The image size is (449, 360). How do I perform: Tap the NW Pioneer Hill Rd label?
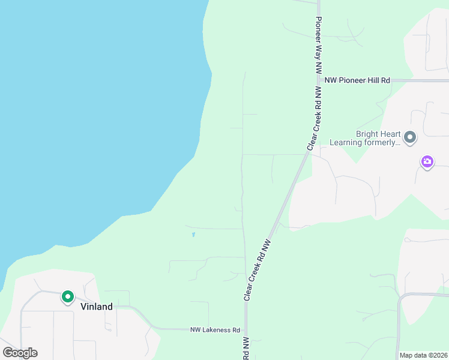[x=357, y=80]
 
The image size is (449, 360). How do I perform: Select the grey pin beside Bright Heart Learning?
[x=410, y=137]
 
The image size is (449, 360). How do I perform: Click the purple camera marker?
[x=427, y=161]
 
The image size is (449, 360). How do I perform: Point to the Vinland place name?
[x=96, y=307]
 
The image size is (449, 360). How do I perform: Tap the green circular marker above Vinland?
[x=68, y=296]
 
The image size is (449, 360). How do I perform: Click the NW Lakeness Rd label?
[x=215, y=330]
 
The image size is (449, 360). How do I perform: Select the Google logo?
[x=20, y=353]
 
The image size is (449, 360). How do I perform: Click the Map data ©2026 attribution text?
[x=423, y=355]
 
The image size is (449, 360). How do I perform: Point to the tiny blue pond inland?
[x=193, y=234]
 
